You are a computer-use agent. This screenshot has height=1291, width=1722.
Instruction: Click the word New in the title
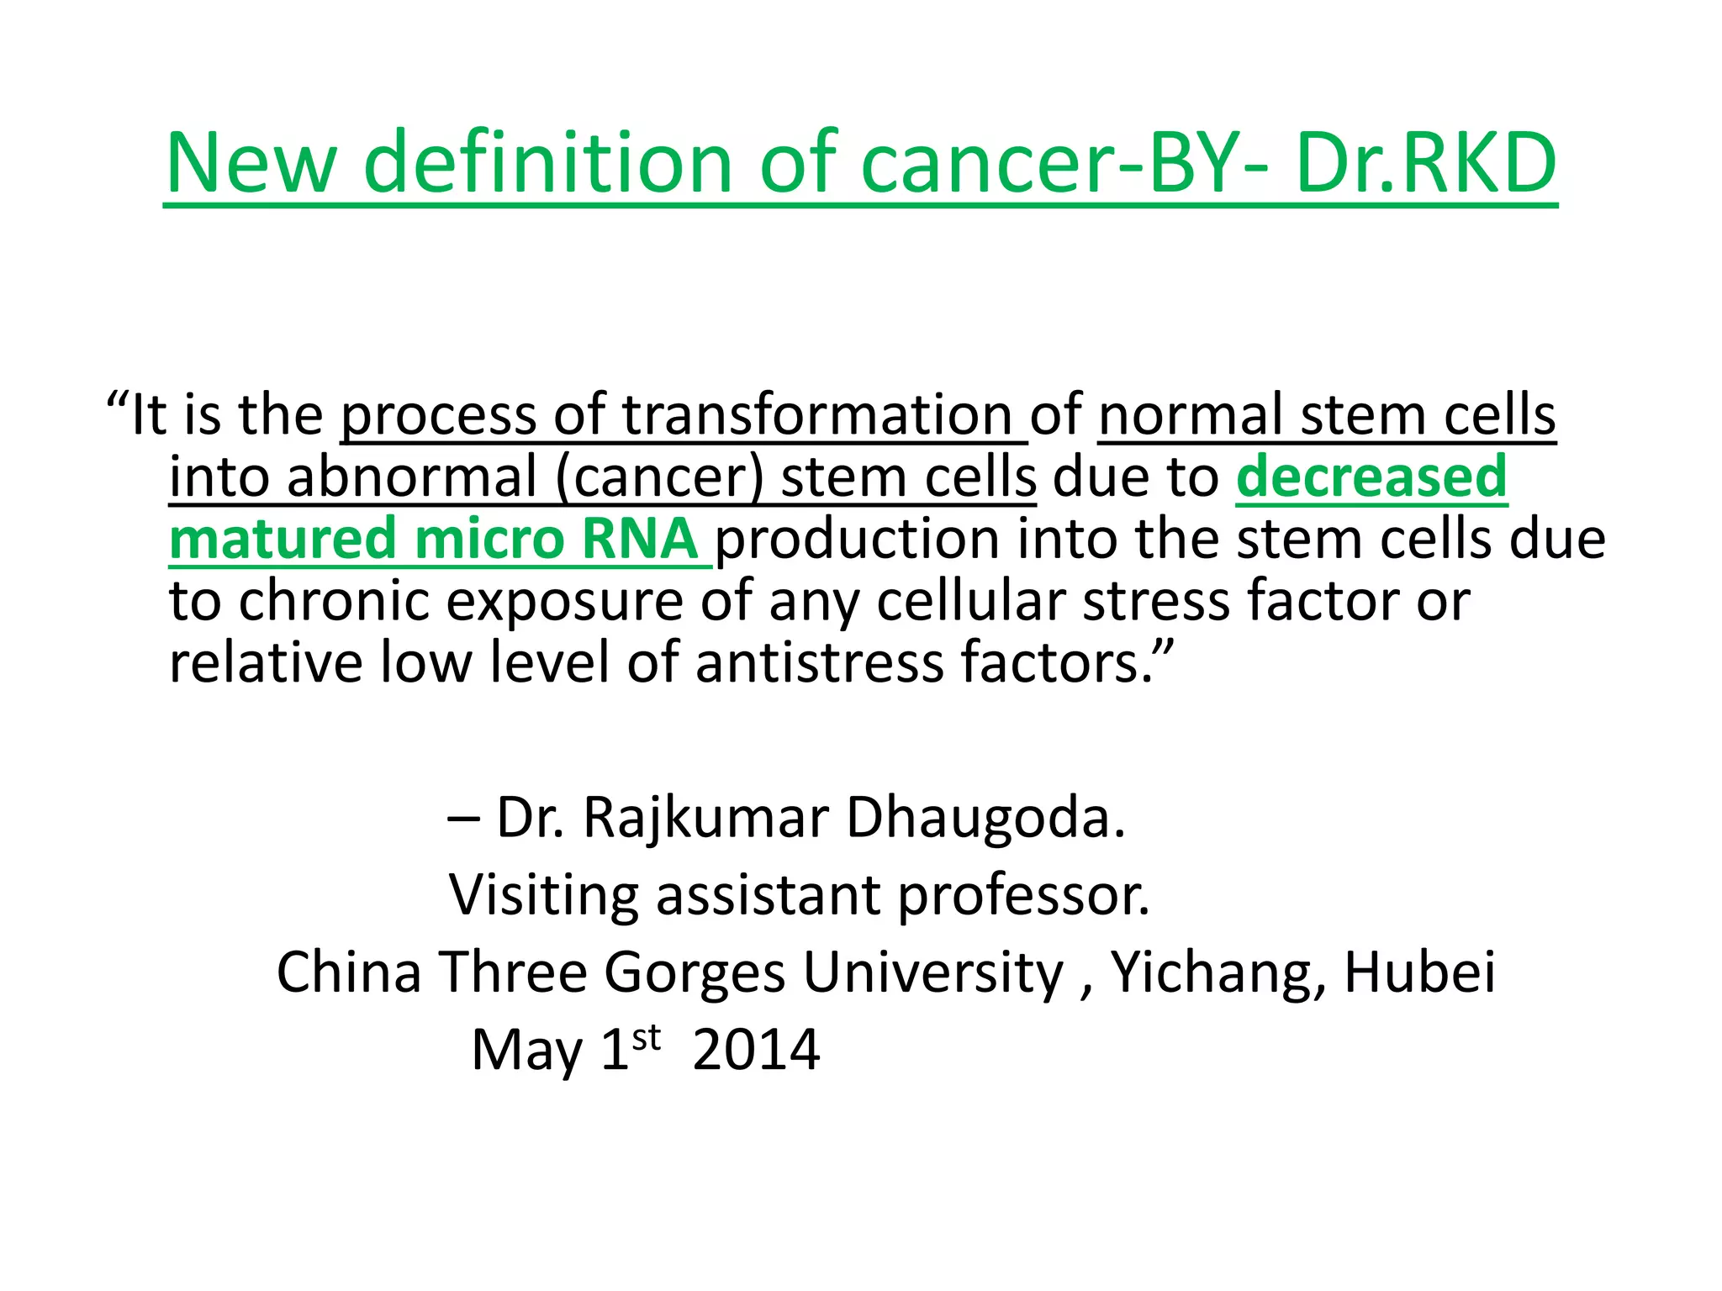[251, 163]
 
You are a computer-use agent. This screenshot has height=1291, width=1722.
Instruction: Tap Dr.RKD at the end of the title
[1426, 163]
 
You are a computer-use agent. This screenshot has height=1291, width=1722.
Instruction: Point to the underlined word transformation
[816, 415]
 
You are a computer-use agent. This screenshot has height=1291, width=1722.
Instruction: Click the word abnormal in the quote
[411, 477]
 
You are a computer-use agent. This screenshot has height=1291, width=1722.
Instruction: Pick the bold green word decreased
[1371, 477]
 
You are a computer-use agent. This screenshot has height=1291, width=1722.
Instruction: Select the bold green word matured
[283, 539]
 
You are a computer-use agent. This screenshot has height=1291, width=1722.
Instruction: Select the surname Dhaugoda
[985, 818]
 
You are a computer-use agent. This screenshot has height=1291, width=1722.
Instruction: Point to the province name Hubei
[1419, 972]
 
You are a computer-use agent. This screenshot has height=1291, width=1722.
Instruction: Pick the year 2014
[756, 1050]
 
